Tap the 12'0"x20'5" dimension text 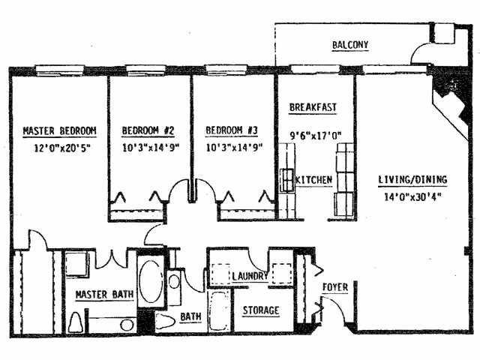[52, 148]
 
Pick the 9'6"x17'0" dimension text [316, 136]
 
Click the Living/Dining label [412, 180]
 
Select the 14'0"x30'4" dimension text [412, 199]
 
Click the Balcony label [350, 46]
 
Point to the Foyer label [334, 287]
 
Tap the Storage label [260, 310]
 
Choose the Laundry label [250, 277]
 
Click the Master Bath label [103, 294]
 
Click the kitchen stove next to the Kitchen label [287, 181]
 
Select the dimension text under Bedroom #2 [148, 148]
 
